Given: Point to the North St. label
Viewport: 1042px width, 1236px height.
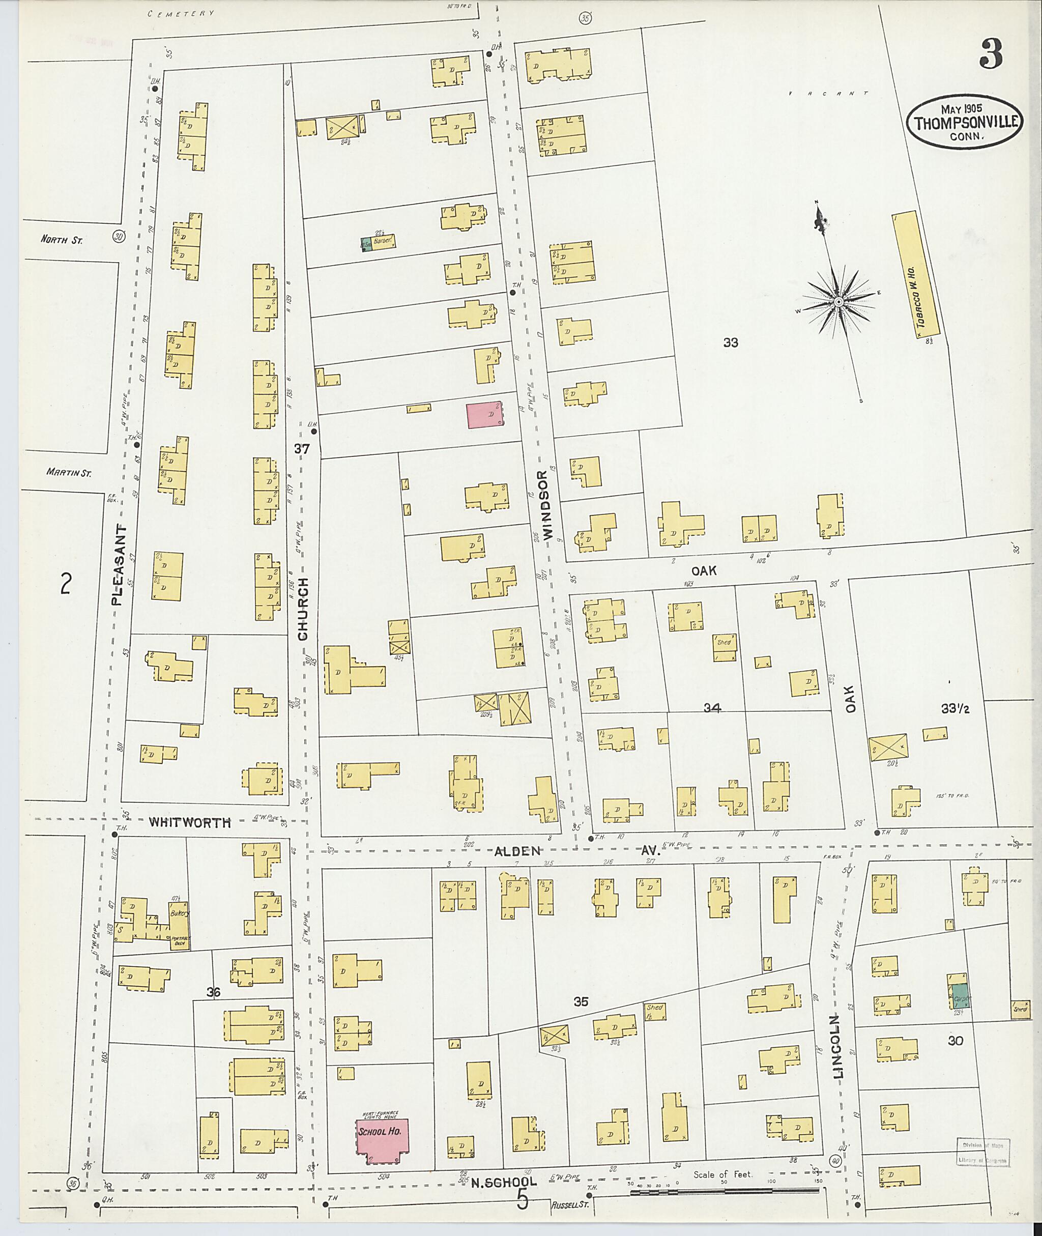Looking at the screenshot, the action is tap(62, 240).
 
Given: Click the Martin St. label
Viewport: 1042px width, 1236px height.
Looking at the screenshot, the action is tap(69, 472).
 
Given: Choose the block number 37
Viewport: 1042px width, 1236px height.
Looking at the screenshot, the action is tap(302, 449).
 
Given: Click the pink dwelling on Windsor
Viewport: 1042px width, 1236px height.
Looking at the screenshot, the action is tap(485, 415).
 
